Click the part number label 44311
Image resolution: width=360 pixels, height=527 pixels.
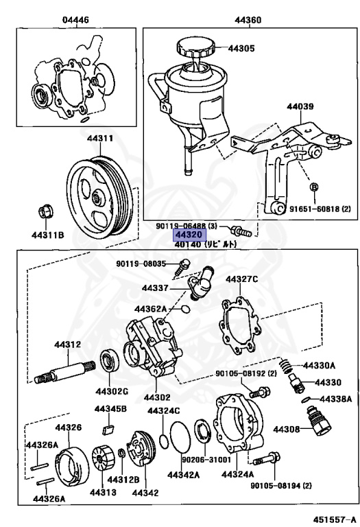point(100,138)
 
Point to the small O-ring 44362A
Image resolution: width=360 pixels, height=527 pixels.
point(185,308)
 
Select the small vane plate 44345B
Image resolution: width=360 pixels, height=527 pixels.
point(108,429)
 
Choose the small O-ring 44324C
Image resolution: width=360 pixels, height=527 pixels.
point(164,441)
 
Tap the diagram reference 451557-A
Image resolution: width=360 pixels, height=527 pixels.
point(334,519)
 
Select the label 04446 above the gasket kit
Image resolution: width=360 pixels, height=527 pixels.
point(75,20)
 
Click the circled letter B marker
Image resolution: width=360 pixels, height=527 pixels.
point(313,187)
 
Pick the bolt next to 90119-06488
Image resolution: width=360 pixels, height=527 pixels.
point(241,231)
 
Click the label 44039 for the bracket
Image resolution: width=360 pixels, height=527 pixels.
point(300,106)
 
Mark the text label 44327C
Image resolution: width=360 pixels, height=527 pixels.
point(242,279)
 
